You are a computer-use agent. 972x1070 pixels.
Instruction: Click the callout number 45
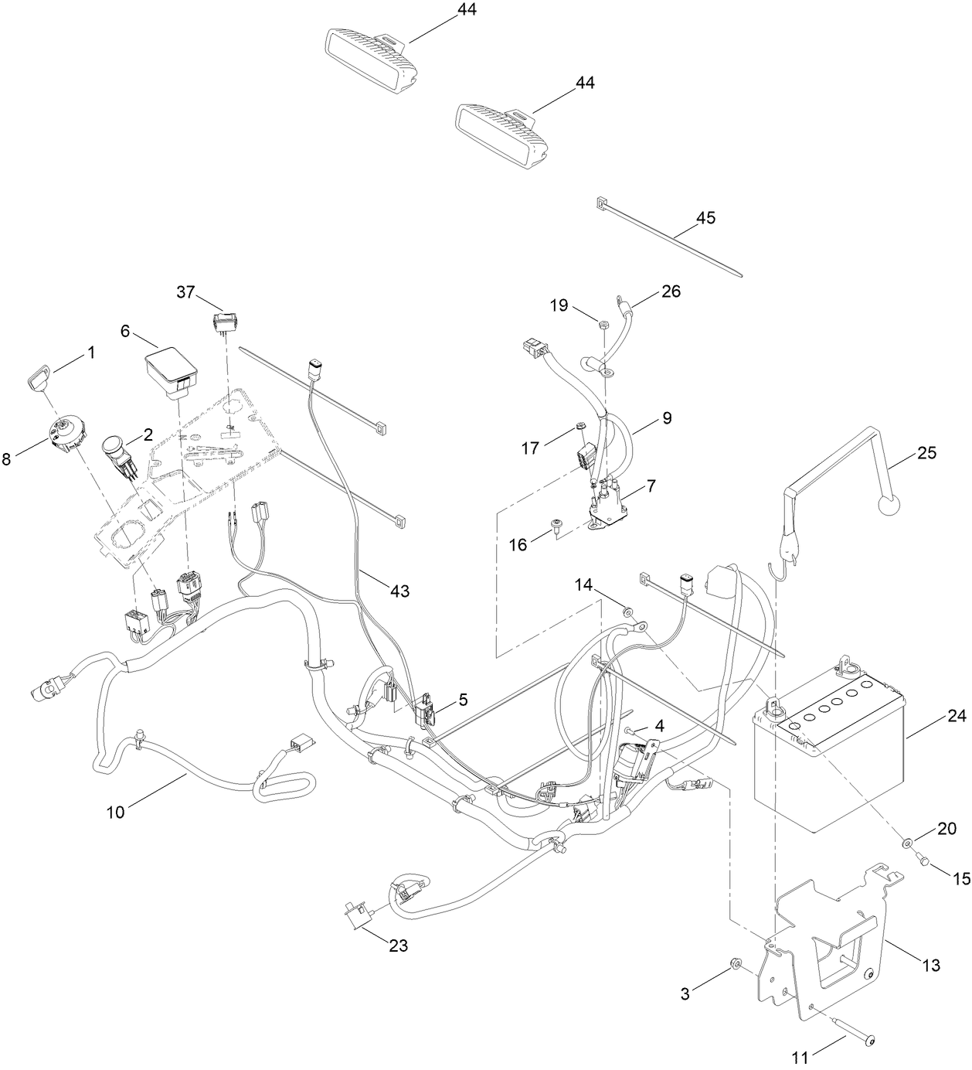click(x=705, y=218)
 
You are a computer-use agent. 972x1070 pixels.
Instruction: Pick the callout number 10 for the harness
click(x=115, y=812)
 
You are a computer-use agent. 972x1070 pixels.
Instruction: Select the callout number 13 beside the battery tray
click(x=931, y=965)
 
